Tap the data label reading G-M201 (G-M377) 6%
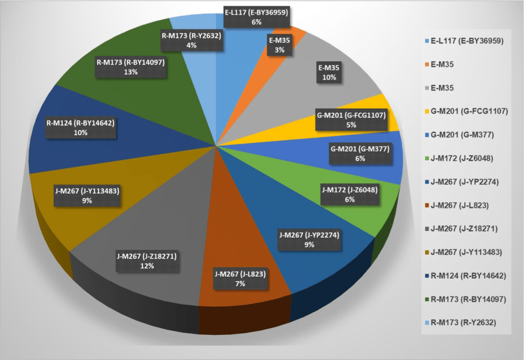[360, 154]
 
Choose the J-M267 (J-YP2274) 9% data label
[309, 240]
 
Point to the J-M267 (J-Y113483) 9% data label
[86, 196]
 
